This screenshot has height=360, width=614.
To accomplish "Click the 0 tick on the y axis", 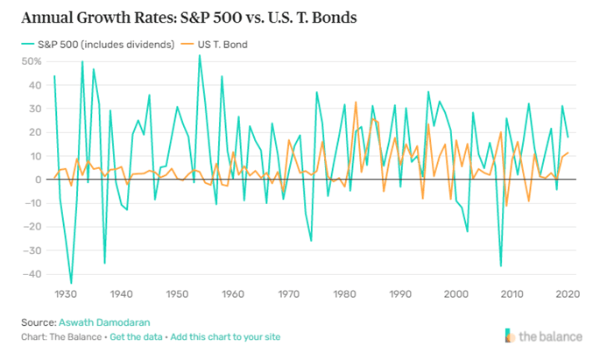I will (39, 179).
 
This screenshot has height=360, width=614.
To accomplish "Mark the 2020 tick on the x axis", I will (568, 294).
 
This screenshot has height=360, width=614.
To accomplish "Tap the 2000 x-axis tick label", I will (456, 294).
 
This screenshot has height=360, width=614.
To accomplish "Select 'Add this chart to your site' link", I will (226, 337).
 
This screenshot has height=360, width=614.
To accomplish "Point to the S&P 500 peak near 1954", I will (200, 55).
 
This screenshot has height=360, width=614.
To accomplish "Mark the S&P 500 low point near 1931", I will (71, 283).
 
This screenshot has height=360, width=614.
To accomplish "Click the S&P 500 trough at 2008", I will (501, 265).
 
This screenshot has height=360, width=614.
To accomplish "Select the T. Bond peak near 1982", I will (356, 102).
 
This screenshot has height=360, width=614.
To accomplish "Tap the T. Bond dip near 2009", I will (506, 206).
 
